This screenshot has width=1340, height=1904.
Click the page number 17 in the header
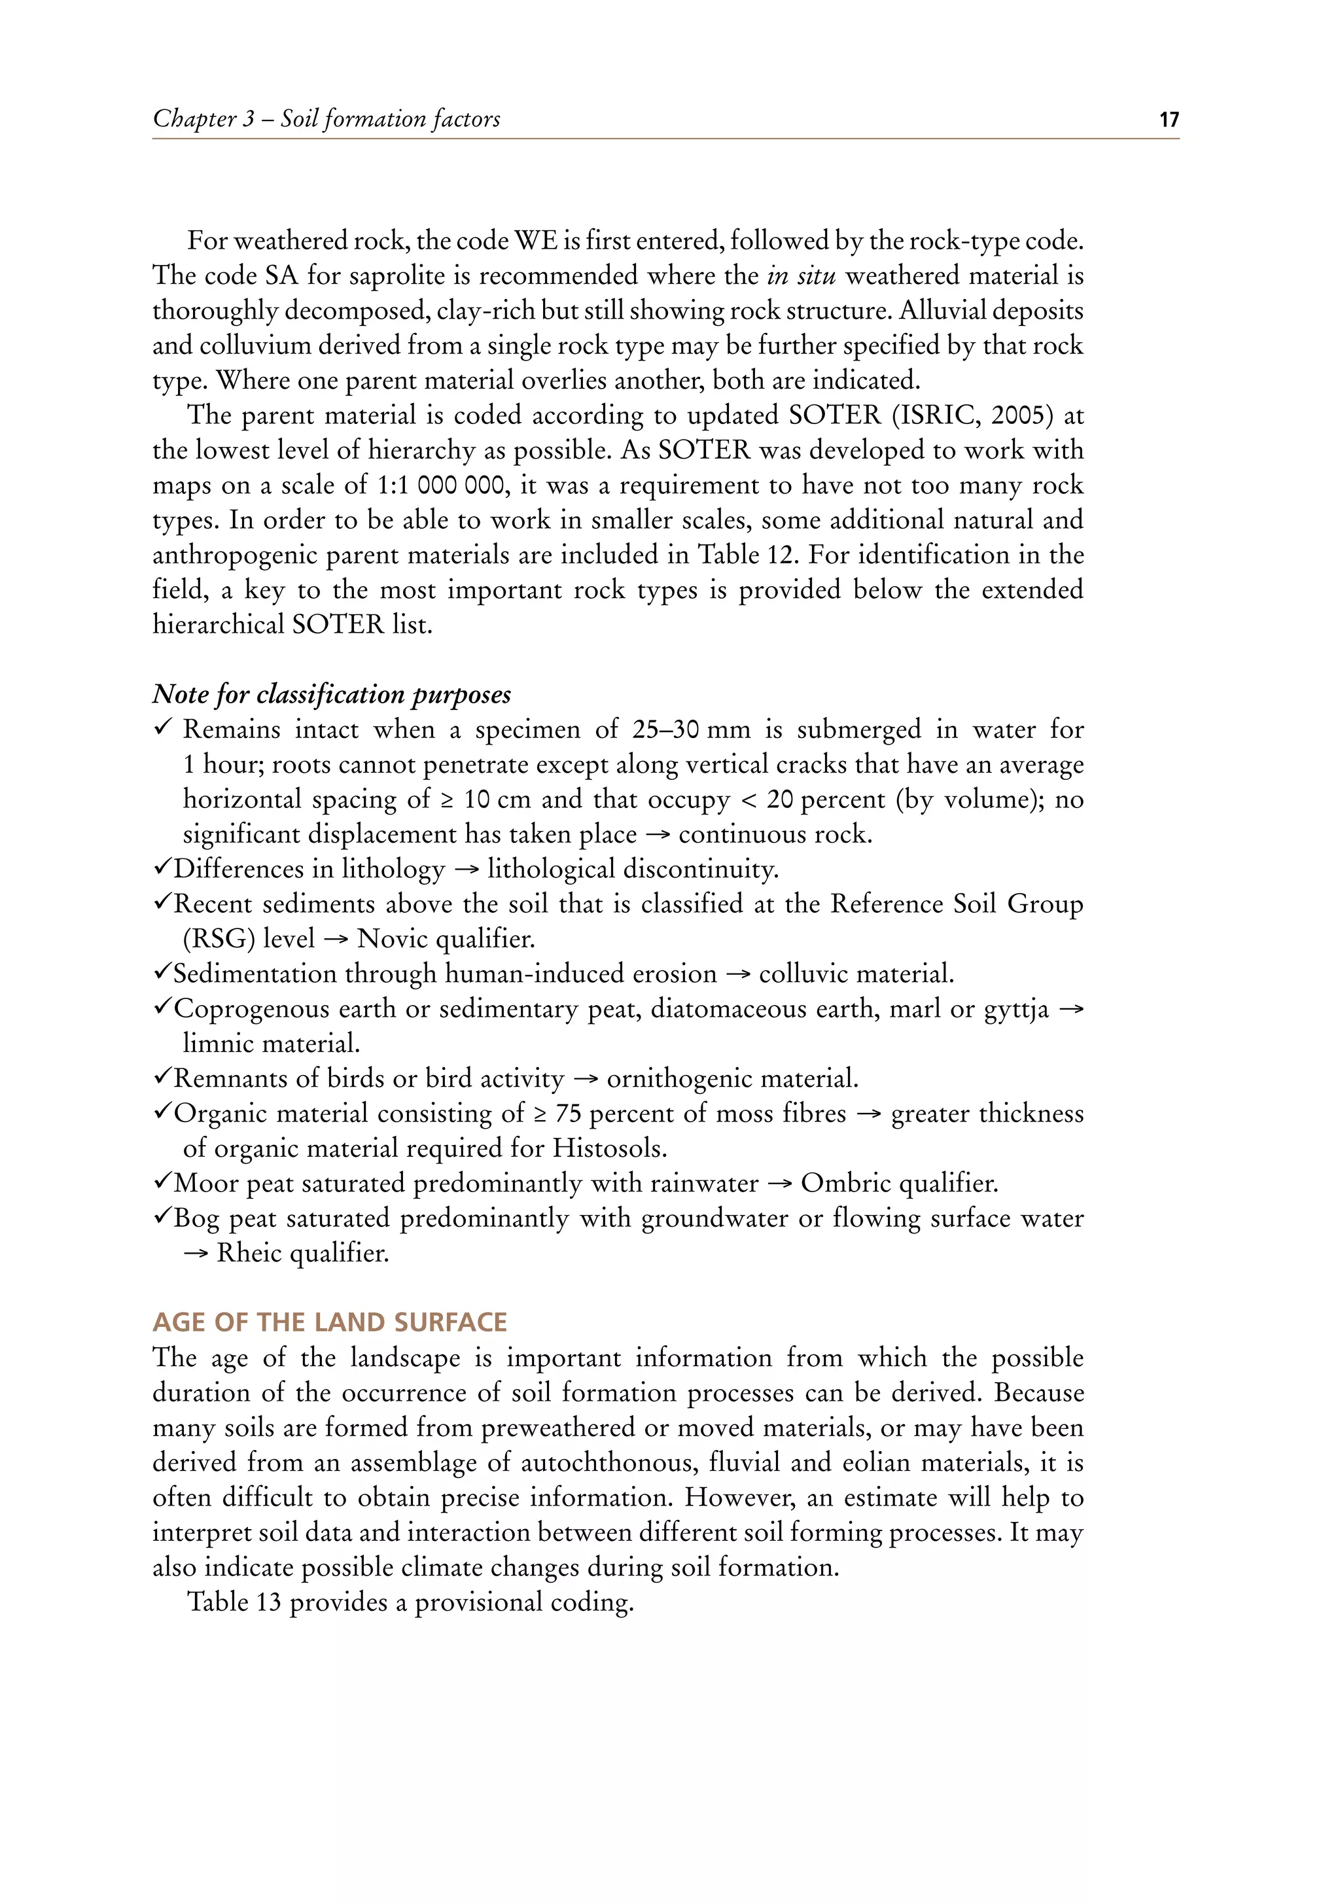(x=1169, y=120)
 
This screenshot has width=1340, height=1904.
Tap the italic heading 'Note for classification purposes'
(x=332, y=694)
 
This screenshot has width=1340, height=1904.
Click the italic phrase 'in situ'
(x=800, y=275)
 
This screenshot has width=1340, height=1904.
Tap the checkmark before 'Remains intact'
(x=162, y=728)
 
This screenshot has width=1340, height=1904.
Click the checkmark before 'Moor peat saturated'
(x=162, y=1182)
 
